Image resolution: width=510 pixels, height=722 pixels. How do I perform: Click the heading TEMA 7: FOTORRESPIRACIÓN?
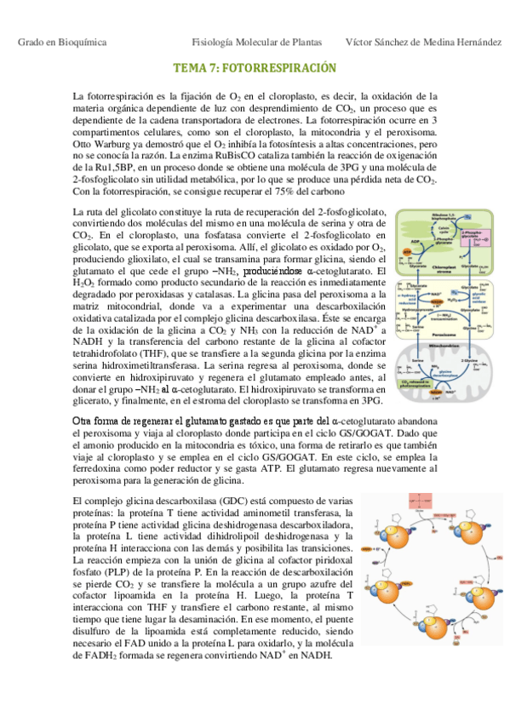point(255,67)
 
